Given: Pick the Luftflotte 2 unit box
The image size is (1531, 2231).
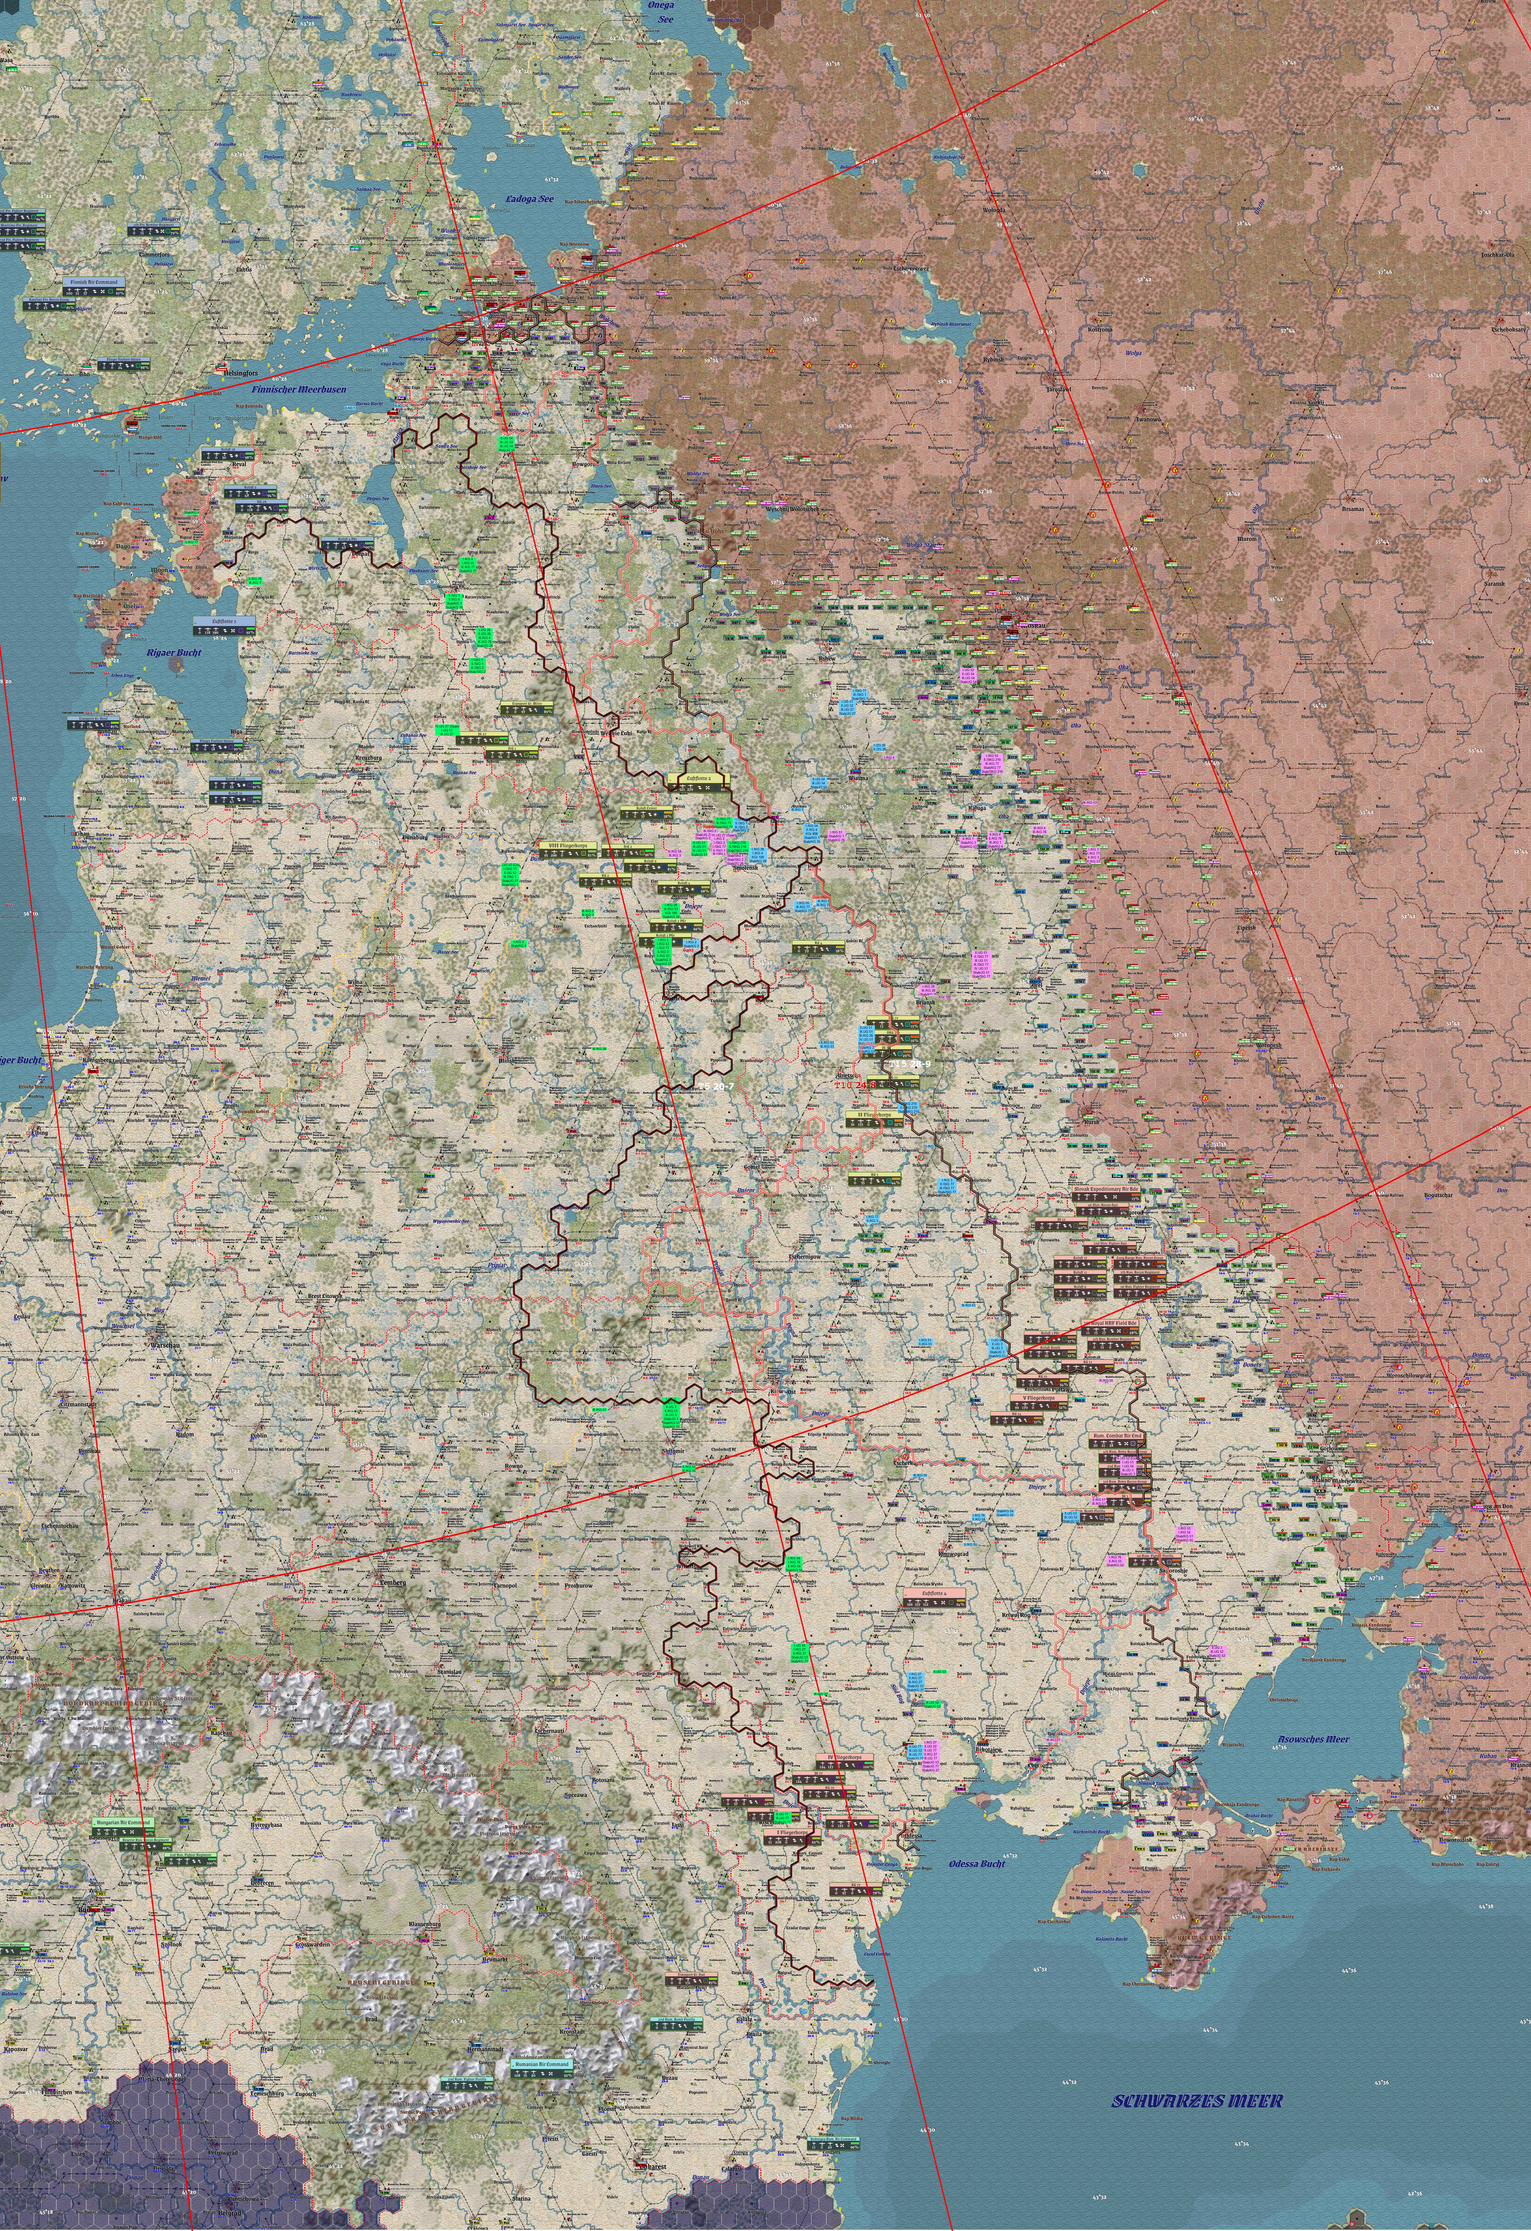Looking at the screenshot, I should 696,779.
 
